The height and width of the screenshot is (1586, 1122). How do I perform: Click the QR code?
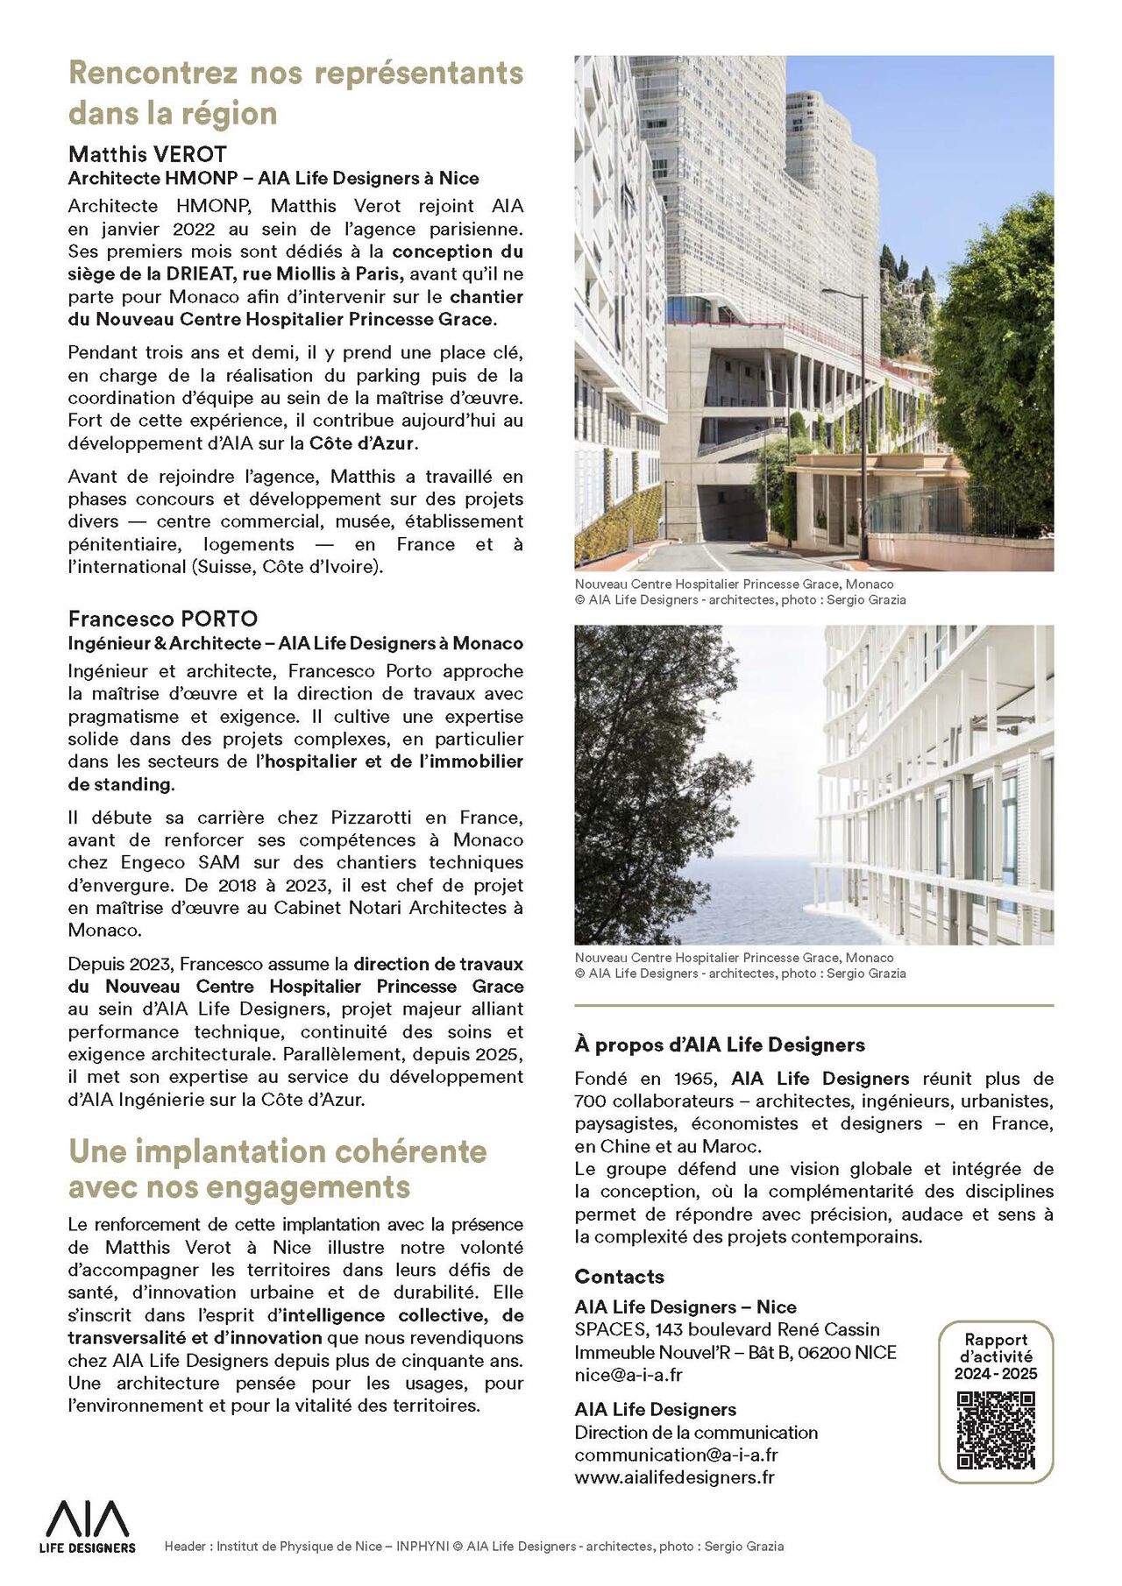tap(996, 1430)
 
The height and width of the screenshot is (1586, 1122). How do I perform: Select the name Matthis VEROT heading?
tap(147, 155)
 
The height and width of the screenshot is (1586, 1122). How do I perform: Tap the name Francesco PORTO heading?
tap(163, 620)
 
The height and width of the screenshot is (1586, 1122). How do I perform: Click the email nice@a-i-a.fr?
tap(628, 1375)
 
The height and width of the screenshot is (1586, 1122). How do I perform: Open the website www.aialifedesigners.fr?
tap(674, 1477)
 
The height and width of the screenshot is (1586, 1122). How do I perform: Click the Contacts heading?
tap(619, 1277)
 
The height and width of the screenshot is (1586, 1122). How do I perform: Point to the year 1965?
tap(693, 1079)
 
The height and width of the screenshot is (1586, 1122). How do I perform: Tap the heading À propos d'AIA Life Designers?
tap(719, 1044)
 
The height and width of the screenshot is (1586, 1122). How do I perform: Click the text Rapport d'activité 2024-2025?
tap(996, 1356)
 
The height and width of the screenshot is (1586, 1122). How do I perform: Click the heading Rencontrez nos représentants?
tap(295, 73)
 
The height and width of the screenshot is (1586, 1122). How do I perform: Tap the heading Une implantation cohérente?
tap(277, 1151)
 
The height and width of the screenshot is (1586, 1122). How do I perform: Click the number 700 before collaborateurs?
tap(591, 1101)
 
